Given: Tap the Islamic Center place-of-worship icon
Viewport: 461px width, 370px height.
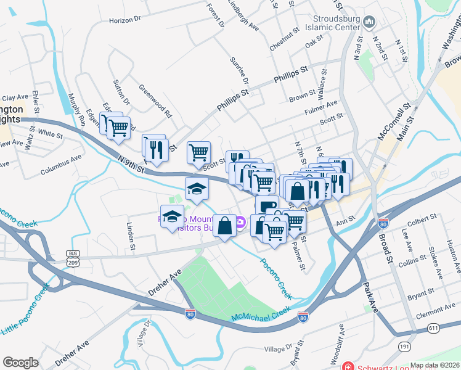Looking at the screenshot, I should pyautogui.click(x=369, y=23).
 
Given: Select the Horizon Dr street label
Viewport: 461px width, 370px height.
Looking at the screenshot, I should pyautogui.click(x=125, y=20).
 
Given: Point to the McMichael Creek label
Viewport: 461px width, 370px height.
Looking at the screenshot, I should pyautogui.click(x=261, y=314).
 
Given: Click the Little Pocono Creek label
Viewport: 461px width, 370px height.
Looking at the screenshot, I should pyautogui.click(x=25, y=309).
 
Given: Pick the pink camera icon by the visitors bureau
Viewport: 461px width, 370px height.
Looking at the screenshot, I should pyautogui.click(x=240, y=223).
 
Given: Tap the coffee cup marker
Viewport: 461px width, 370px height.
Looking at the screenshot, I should pyautogui.click(x=266, y=205).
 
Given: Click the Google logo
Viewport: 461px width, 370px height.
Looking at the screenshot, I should pyautogui.click(x=20, y=363).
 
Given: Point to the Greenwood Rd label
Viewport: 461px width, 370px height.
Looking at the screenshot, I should pyautogui.click(x=155, y=101).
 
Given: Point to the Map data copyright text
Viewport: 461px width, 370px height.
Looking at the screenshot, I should pyautogui.click(x=434, y=365).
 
